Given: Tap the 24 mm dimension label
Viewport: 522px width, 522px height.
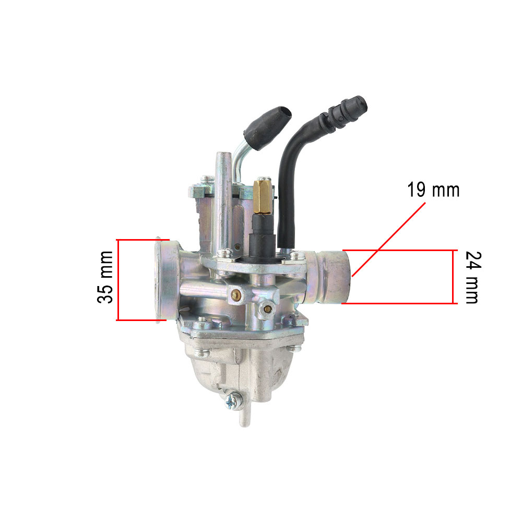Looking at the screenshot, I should click(470, 277).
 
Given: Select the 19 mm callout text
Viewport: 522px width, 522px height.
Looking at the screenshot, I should click(433, 190).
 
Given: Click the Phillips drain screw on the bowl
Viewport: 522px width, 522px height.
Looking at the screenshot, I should click(232, 400).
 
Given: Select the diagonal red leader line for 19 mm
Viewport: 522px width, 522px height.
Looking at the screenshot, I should click(389, 238).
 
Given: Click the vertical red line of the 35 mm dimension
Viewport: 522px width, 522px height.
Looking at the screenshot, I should click(118, 279).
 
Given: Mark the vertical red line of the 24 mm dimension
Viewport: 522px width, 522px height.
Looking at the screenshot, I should click(453, 277).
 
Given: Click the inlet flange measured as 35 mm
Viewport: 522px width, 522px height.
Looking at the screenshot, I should click(163, 279).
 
